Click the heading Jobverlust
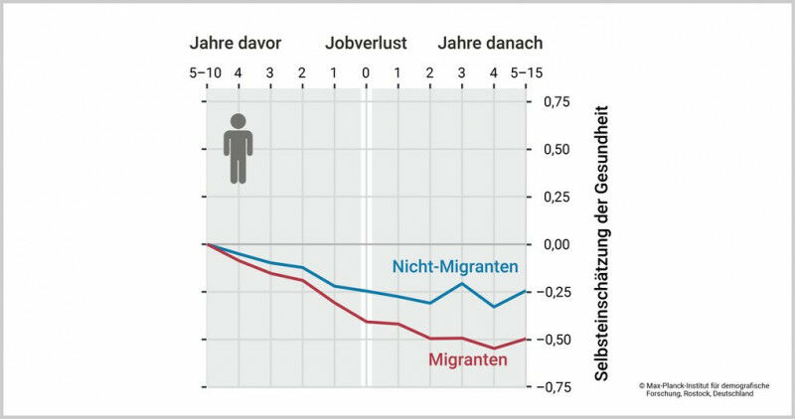[365, 44]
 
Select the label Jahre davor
[236, 44]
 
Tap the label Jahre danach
[490, 44]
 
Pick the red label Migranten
[468, 358]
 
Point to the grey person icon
[238, 148]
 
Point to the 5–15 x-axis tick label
[525, 72]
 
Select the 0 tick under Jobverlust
[365, 72]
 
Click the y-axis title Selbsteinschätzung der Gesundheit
[601, 244]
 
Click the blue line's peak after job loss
[461, 284]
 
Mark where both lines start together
[206, 243]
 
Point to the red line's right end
[526, 339]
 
